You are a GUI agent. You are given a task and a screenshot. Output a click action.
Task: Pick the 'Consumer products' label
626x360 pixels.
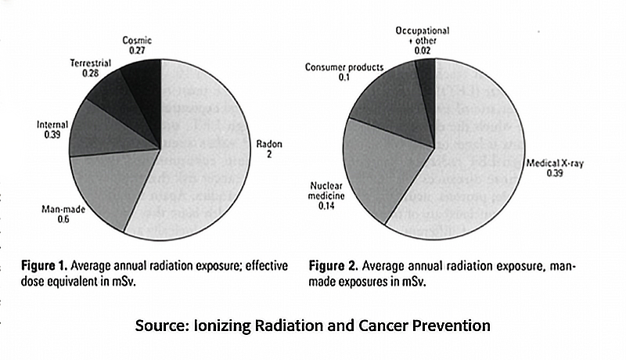(344, 67)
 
